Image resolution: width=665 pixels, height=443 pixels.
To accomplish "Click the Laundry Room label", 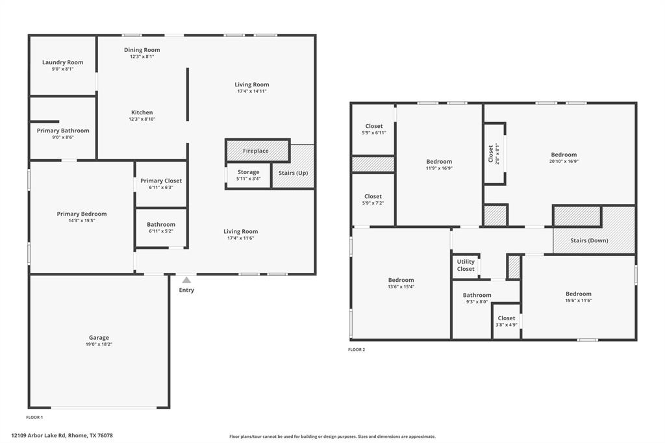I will [63, 62].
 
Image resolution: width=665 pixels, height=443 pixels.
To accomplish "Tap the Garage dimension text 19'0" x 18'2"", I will [99, 344].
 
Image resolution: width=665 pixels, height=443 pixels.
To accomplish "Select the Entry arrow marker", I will [186, 280].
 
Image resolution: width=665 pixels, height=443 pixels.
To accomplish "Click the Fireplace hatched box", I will [256, 151].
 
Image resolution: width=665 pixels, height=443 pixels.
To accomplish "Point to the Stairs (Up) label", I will [293, 173].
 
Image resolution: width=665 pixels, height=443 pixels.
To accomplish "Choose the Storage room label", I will [248, 172].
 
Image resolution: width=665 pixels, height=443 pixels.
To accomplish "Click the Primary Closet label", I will [161, 181].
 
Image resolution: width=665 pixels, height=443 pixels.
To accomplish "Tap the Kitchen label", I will [142, 112].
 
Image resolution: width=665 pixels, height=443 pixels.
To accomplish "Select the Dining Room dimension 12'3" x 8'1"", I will [142, 57].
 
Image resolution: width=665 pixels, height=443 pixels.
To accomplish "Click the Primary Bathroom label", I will [63, 131].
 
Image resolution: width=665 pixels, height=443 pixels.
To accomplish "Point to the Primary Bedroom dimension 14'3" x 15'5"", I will [82, 220].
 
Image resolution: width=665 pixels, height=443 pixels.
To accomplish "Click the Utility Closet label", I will [466, 265].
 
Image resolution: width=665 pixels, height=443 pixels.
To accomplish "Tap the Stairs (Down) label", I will [589, 240].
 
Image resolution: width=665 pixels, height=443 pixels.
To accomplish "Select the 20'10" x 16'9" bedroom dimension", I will [564, 162].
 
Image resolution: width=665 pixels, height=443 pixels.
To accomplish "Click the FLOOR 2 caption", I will [357, 349].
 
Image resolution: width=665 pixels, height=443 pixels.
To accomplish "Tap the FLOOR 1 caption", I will [34, 417].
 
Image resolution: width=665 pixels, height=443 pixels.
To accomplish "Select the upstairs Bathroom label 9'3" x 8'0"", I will [477, 295].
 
